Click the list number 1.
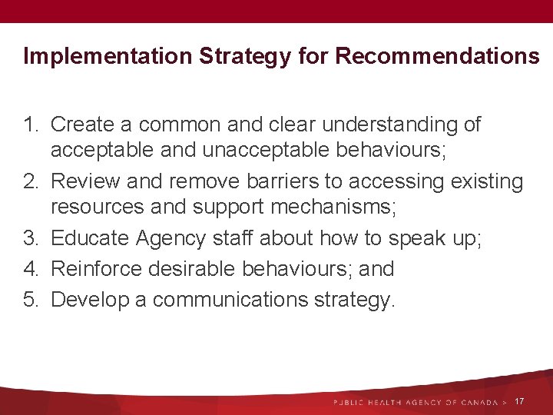[x=30, y=124]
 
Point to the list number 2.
[x=30, y=182]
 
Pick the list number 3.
[x=30, y=240]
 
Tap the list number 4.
[x=30, y=269]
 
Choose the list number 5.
[x=30, y=298]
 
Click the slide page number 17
[x=520, y=402]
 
